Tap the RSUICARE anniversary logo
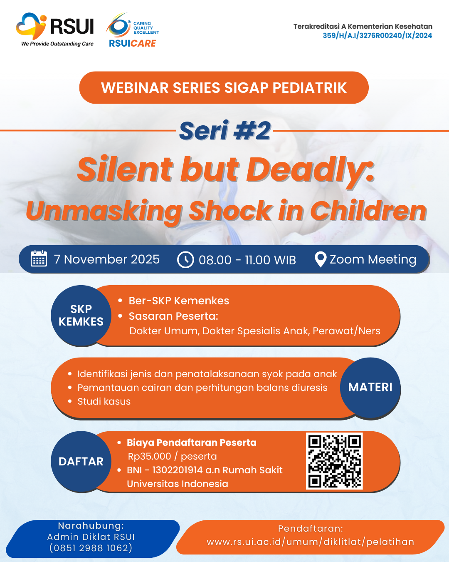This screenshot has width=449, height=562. tap(133, 30)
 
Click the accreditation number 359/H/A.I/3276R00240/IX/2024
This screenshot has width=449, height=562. tap(377, 35)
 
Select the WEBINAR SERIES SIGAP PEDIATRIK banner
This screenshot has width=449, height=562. tap(224, 87)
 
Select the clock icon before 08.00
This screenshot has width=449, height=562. tap(185, 260)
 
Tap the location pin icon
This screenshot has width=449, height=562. tap(321, 259)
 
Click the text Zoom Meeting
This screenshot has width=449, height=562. tap(373, 260)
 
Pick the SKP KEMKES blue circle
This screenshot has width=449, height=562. tap(81, 316)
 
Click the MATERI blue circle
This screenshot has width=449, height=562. tap(370, 388)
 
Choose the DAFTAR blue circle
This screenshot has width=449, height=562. tap(81, 461)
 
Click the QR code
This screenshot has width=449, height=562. tap(334, 461)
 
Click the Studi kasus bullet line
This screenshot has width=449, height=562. tap(104, 401)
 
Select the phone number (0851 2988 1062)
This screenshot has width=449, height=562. tap(91, 548)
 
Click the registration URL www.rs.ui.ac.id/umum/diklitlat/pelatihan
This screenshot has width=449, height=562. tap(311, 542)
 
